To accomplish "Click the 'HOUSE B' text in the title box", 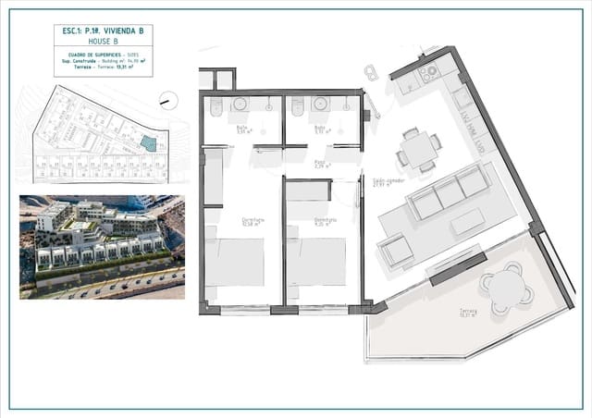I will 102,42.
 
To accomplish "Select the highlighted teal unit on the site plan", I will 148,142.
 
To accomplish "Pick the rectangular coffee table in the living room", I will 466,223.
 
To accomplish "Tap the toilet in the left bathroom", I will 215,110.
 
